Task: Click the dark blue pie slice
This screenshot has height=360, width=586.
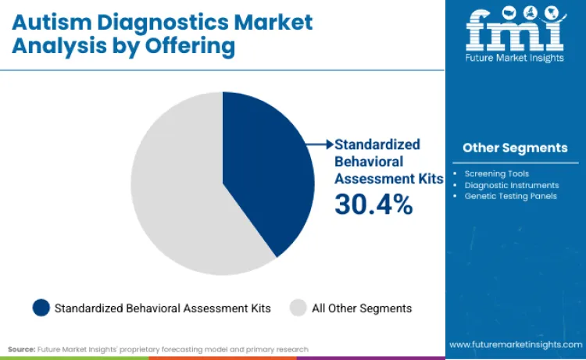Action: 266,172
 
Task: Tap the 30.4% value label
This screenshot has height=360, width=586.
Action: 373,205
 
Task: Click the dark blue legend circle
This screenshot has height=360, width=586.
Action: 41,308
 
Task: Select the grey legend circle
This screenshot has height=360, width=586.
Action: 298,308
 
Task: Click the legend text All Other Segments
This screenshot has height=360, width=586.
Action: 362,308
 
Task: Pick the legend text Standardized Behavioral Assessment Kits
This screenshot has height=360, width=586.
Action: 163,308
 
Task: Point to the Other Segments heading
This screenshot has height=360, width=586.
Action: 515,148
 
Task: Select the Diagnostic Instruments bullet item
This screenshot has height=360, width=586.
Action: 512,185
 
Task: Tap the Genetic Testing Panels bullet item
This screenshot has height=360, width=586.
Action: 510,196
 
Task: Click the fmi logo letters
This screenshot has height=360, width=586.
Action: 515,31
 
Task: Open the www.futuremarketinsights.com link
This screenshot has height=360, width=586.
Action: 516,344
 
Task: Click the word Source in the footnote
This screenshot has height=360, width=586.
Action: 21,349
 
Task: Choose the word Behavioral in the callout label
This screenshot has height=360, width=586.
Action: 369,162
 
